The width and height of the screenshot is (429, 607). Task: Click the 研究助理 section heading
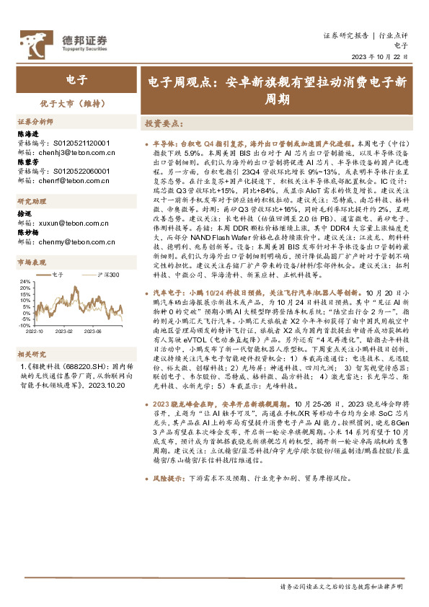(32, 202)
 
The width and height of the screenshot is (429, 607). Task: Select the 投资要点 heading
(162, 123)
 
